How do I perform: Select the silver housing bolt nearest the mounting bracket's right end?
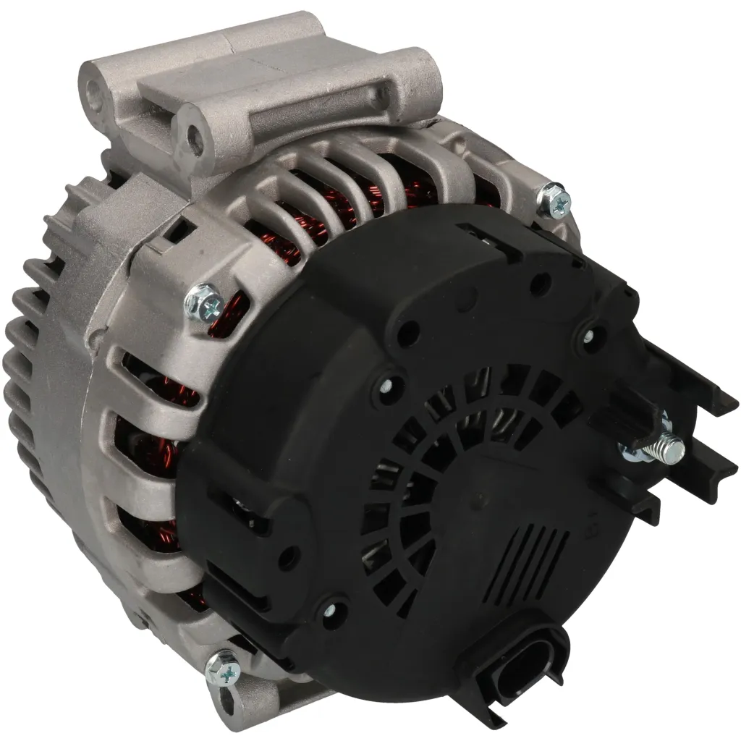point(555,200)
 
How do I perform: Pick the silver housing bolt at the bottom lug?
point(223,669)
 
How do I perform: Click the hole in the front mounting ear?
point(192,137)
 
